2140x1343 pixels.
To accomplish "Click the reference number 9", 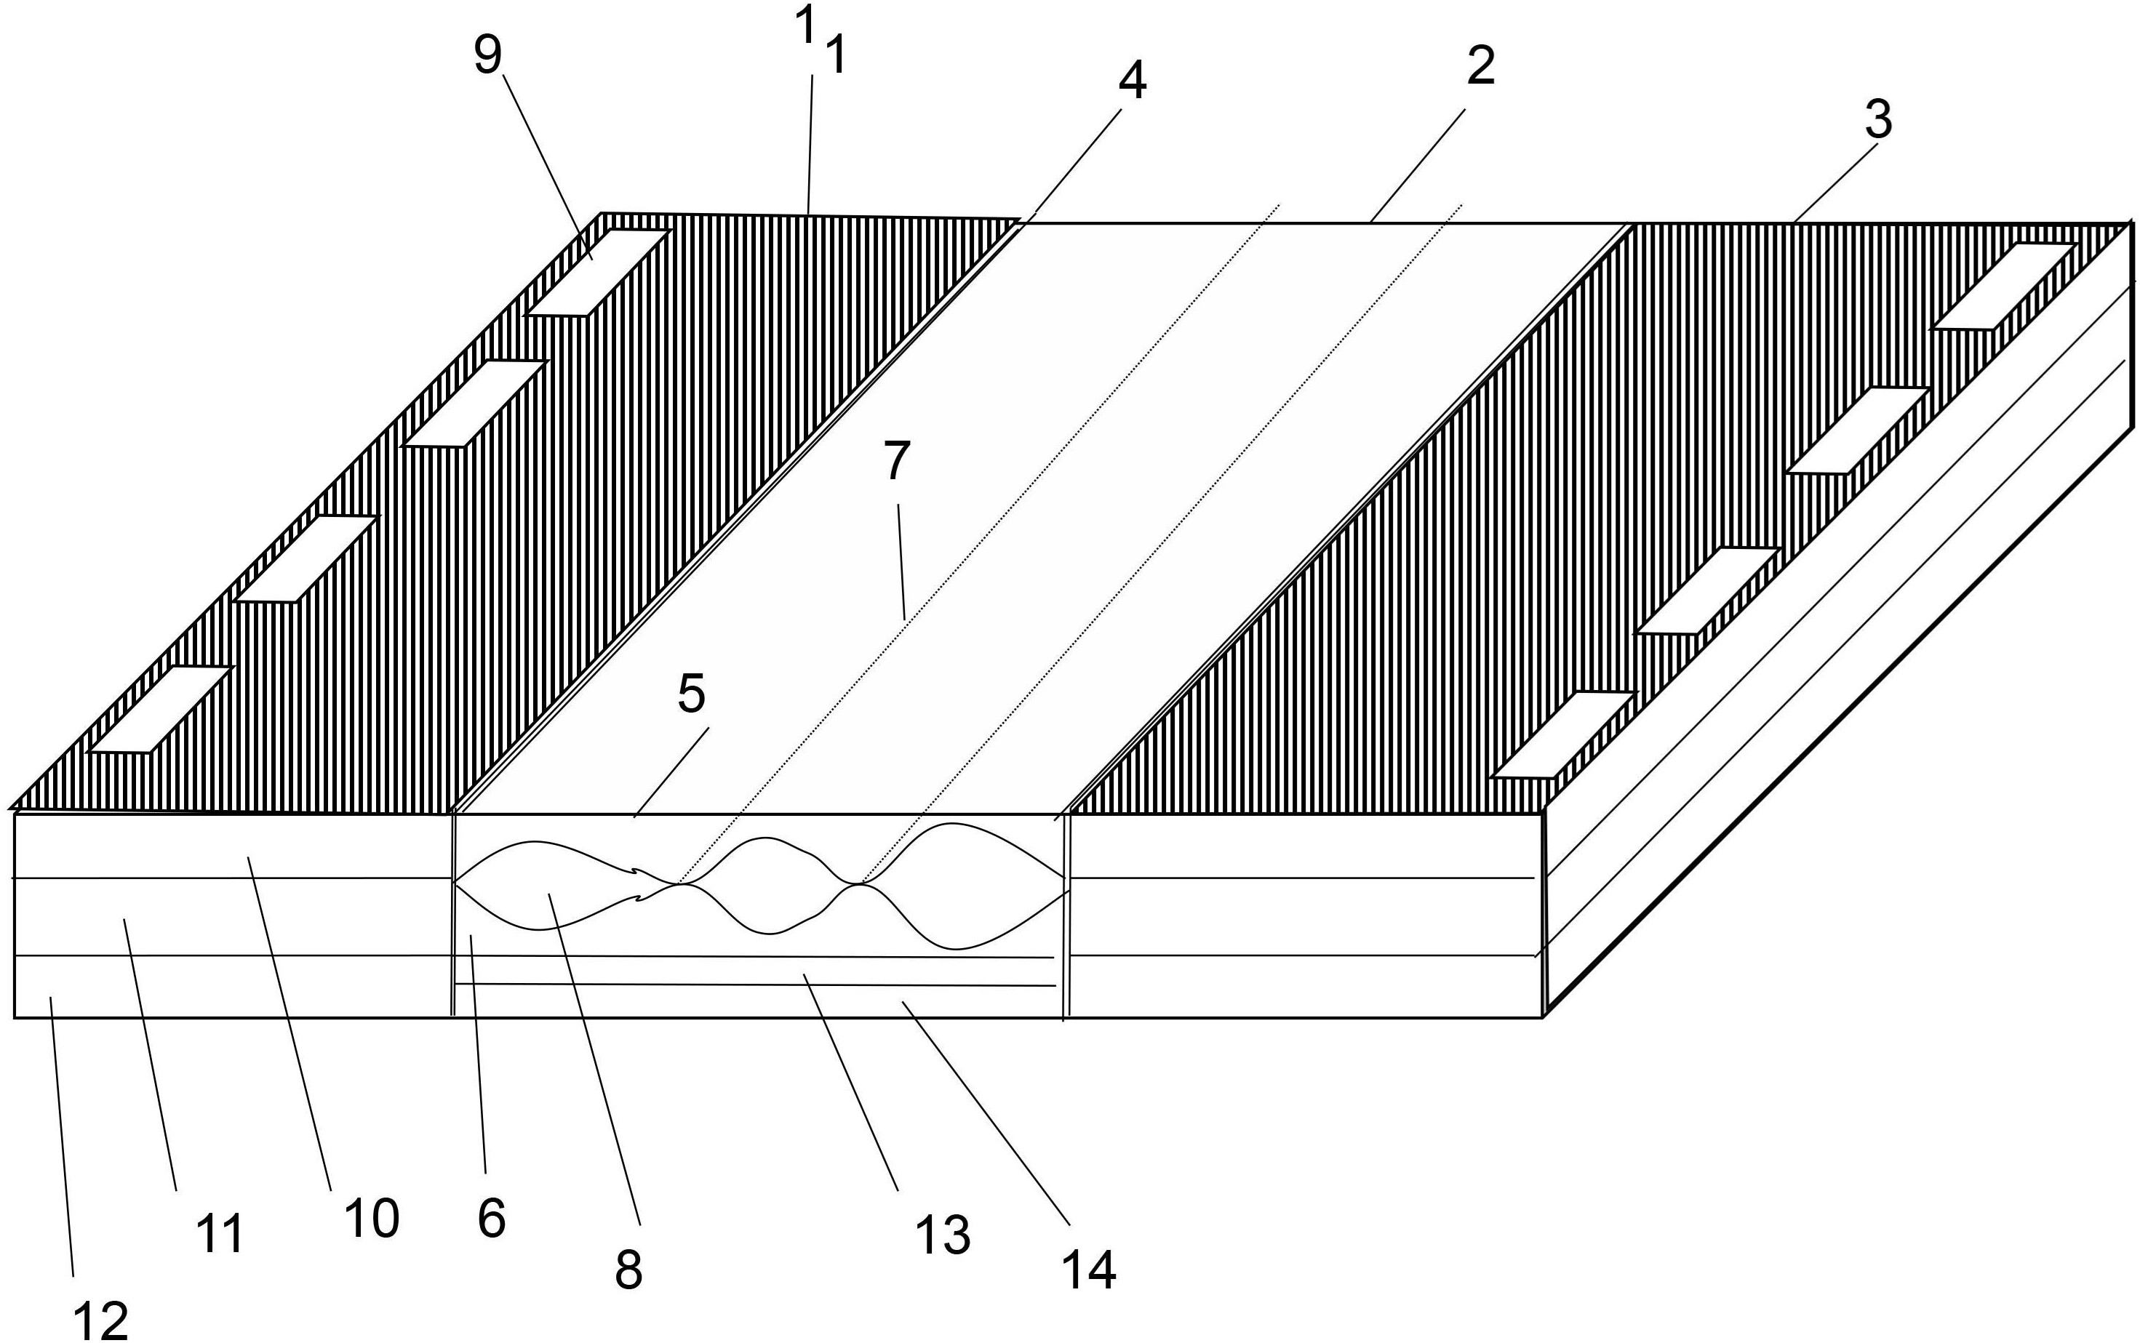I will pyautogui.click(x=487, y=55).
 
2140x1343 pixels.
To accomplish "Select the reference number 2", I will pyautogui.click(x=1480, y=67).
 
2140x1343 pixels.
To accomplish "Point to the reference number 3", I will pyautogui.click(x=1878, y=120).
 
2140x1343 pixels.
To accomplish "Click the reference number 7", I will pyautogui.click(x=897, y=462).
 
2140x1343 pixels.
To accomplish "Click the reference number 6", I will pyautogui.click(x=491, y=1218).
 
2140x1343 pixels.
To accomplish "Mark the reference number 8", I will pyautogui.click(x=628, y=1270).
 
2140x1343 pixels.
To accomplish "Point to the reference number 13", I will pyautogui.click(x=943, y=1235).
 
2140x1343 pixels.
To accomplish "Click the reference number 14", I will pyautogui.click(x=1089, y=1270).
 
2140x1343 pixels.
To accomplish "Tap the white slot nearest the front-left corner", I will pyautogui.click(x=161, y=710).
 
